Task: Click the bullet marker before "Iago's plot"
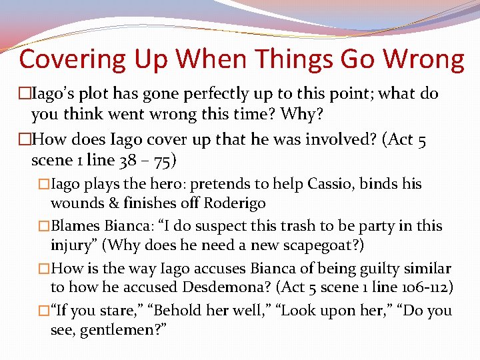25,94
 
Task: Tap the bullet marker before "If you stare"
43,311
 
